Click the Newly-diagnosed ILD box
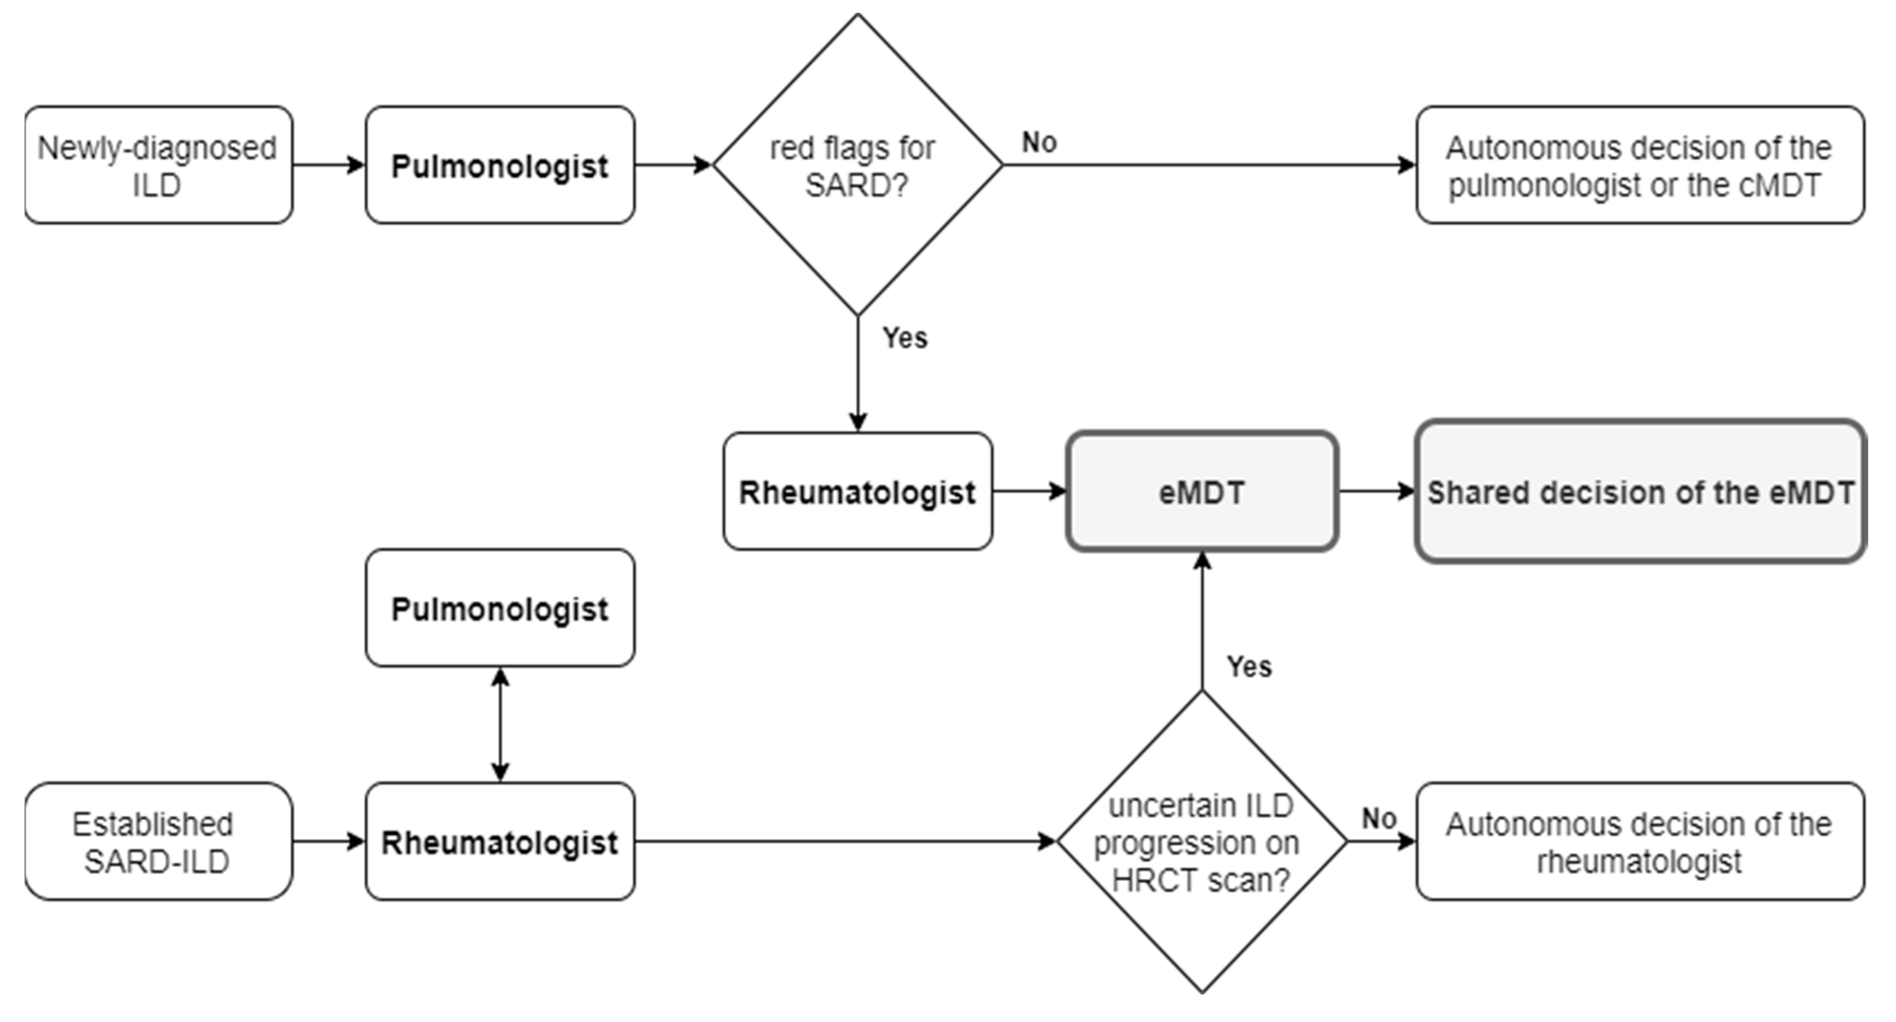[x=158, y=165]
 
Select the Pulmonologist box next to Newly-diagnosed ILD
[x=500, y=165]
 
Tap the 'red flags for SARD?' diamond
[x=858, y=165]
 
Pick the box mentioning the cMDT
[x=1639, y=165]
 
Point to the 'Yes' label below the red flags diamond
[x=905, y=338]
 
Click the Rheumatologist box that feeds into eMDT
[x=858, y=491]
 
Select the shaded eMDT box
[x=1201, y=491]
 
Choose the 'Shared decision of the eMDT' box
[x=1639, y=491]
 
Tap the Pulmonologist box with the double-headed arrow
[x=500, y=608]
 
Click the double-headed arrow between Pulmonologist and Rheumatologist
[x=501, y=725]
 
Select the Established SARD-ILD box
[x=158, y=842]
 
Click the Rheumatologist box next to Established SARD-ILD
[x=500, y=842]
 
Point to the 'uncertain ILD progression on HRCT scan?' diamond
[x=1201, y=842]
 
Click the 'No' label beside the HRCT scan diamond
[x=1378, y=819]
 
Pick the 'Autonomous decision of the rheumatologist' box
[x=1639, y=842]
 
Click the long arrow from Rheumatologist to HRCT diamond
[x=846, y=842]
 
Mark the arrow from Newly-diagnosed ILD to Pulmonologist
[x=328, y=165]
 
